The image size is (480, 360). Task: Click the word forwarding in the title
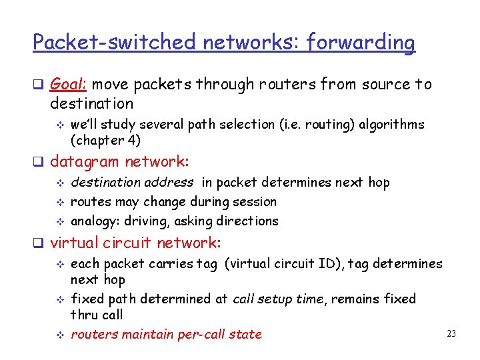pyautogui.click(x=361, y=43)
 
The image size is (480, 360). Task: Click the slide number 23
pyautogui.click(x=451, y=333)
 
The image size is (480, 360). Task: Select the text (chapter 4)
pyautogui.click(x=107, y=140)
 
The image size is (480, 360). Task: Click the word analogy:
pyautogui.click(x=96, y=221)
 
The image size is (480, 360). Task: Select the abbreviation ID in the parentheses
pyautogui.click(x=329, y=264)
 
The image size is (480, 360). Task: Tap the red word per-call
pyautogui.click(x=199, y=334)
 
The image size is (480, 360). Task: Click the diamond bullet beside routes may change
pyautogui.click(x=59, y=202)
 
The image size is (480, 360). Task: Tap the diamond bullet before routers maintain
pyautogui.click(x=59, y=335)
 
